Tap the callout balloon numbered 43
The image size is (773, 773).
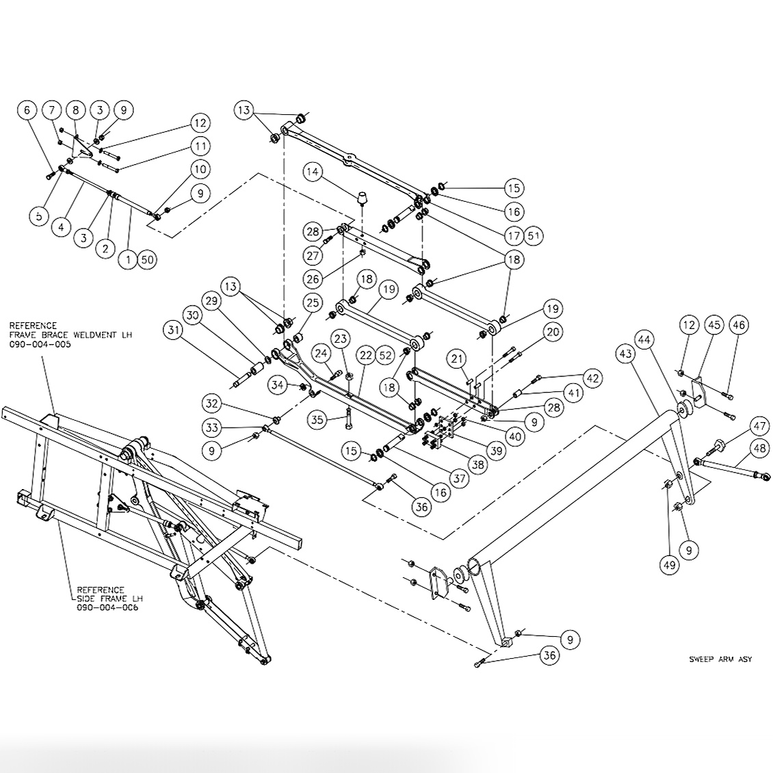coord(625,353)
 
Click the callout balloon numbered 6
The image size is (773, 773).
coord(28,109)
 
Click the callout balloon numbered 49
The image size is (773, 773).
coord(669,564)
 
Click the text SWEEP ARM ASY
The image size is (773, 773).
coord(720,659)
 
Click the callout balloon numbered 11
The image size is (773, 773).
coord(199,146)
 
